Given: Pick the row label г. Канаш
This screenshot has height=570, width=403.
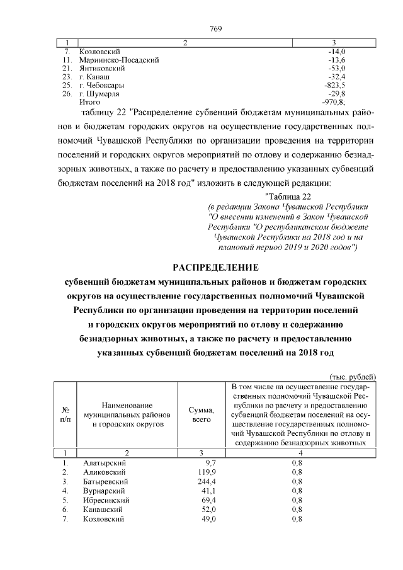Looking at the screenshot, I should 93,76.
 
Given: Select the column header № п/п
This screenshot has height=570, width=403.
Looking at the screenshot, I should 64,414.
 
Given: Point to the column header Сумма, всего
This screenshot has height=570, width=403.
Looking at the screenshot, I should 201,414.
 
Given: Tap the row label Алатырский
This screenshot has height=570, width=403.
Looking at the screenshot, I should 102,462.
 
